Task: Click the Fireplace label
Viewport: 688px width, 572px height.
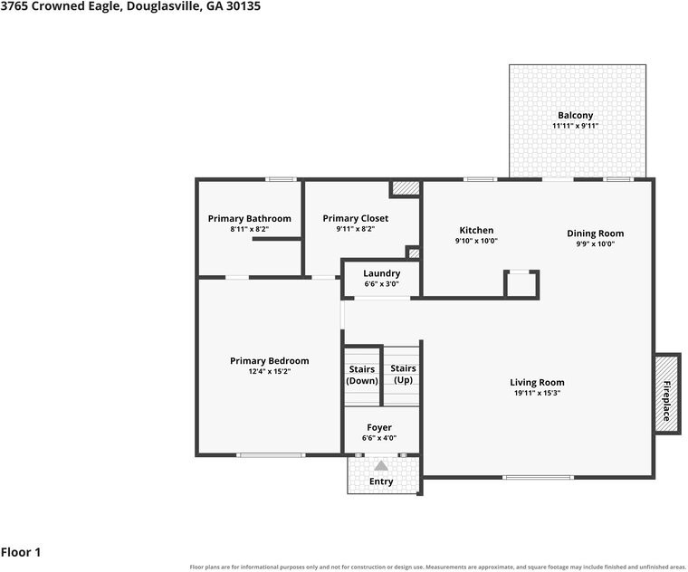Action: tap(666, 401)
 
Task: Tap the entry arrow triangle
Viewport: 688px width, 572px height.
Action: tap(381, 465)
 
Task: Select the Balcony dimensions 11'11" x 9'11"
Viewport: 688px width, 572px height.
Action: tap(575, 126)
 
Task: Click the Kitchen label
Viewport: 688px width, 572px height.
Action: tap(476, 230)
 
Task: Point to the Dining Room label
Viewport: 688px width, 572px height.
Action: tap(595, 234)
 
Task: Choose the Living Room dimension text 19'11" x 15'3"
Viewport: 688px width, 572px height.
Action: tap(537, 393)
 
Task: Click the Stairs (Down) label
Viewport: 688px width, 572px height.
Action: tap(362, 375)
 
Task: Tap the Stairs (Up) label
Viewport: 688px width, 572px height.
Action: tap(403, 374)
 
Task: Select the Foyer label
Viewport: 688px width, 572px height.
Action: tap(379, 428)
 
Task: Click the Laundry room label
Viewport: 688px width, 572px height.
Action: tap(382, 273)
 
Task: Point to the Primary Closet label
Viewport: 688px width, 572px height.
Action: tap(356, 218)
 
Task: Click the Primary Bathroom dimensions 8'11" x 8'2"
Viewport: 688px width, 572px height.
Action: tap(249, 229)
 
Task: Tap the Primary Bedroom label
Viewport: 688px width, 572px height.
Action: tap(270, 361)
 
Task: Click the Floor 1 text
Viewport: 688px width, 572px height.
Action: tap(21, 552)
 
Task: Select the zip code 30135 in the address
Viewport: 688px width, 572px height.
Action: tap(244, 6)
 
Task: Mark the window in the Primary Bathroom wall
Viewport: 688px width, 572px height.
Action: tap(281, 179)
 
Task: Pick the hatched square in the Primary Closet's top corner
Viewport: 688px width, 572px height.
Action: tap(406, 187)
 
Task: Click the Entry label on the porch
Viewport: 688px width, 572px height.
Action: tap(381, 481)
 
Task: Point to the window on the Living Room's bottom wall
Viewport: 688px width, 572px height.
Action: tap(538, 477)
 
